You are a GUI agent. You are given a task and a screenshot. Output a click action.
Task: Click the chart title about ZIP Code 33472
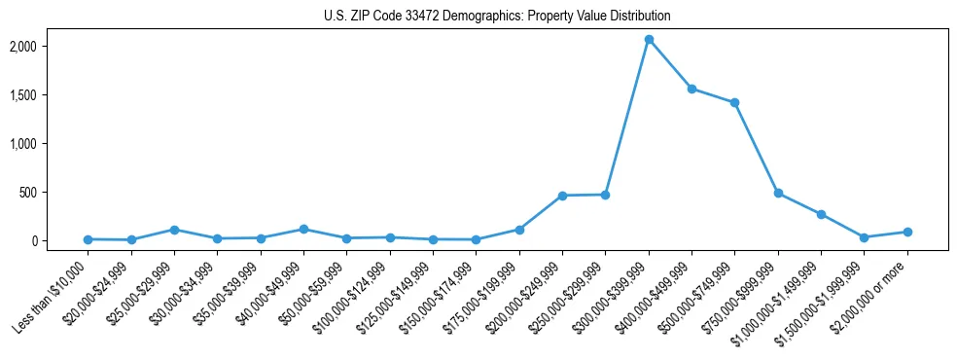click(497, 16)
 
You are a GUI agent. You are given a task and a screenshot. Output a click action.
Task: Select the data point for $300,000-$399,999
click(649, 40)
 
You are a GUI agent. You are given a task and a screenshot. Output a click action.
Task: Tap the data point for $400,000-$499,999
click(691, 89)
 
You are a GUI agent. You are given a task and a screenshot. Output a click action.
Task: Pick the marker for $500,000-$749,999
click(735, 102)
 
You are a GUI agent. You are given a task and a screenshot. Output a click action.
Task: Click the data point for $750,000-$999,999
click(778, 193)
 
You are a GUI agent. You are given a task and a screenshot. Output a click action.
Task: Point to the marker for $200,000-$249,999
click(562, 196)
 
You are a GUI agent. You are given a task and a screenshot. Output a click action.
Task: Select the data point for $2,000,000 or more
click(907, 232)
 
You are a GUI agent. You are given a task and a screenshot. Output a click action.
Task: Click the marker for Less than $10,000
click(88, 239)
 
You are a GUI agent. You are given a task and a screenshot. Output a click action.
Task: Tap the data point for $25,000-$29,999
click(174, 230)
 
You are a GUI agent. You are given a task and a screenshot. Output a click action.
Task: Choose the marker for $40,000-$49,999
click(303, 230)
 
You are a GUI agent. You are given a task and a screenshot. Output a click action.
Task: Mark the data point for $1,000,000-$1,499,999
click(821, 214)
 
